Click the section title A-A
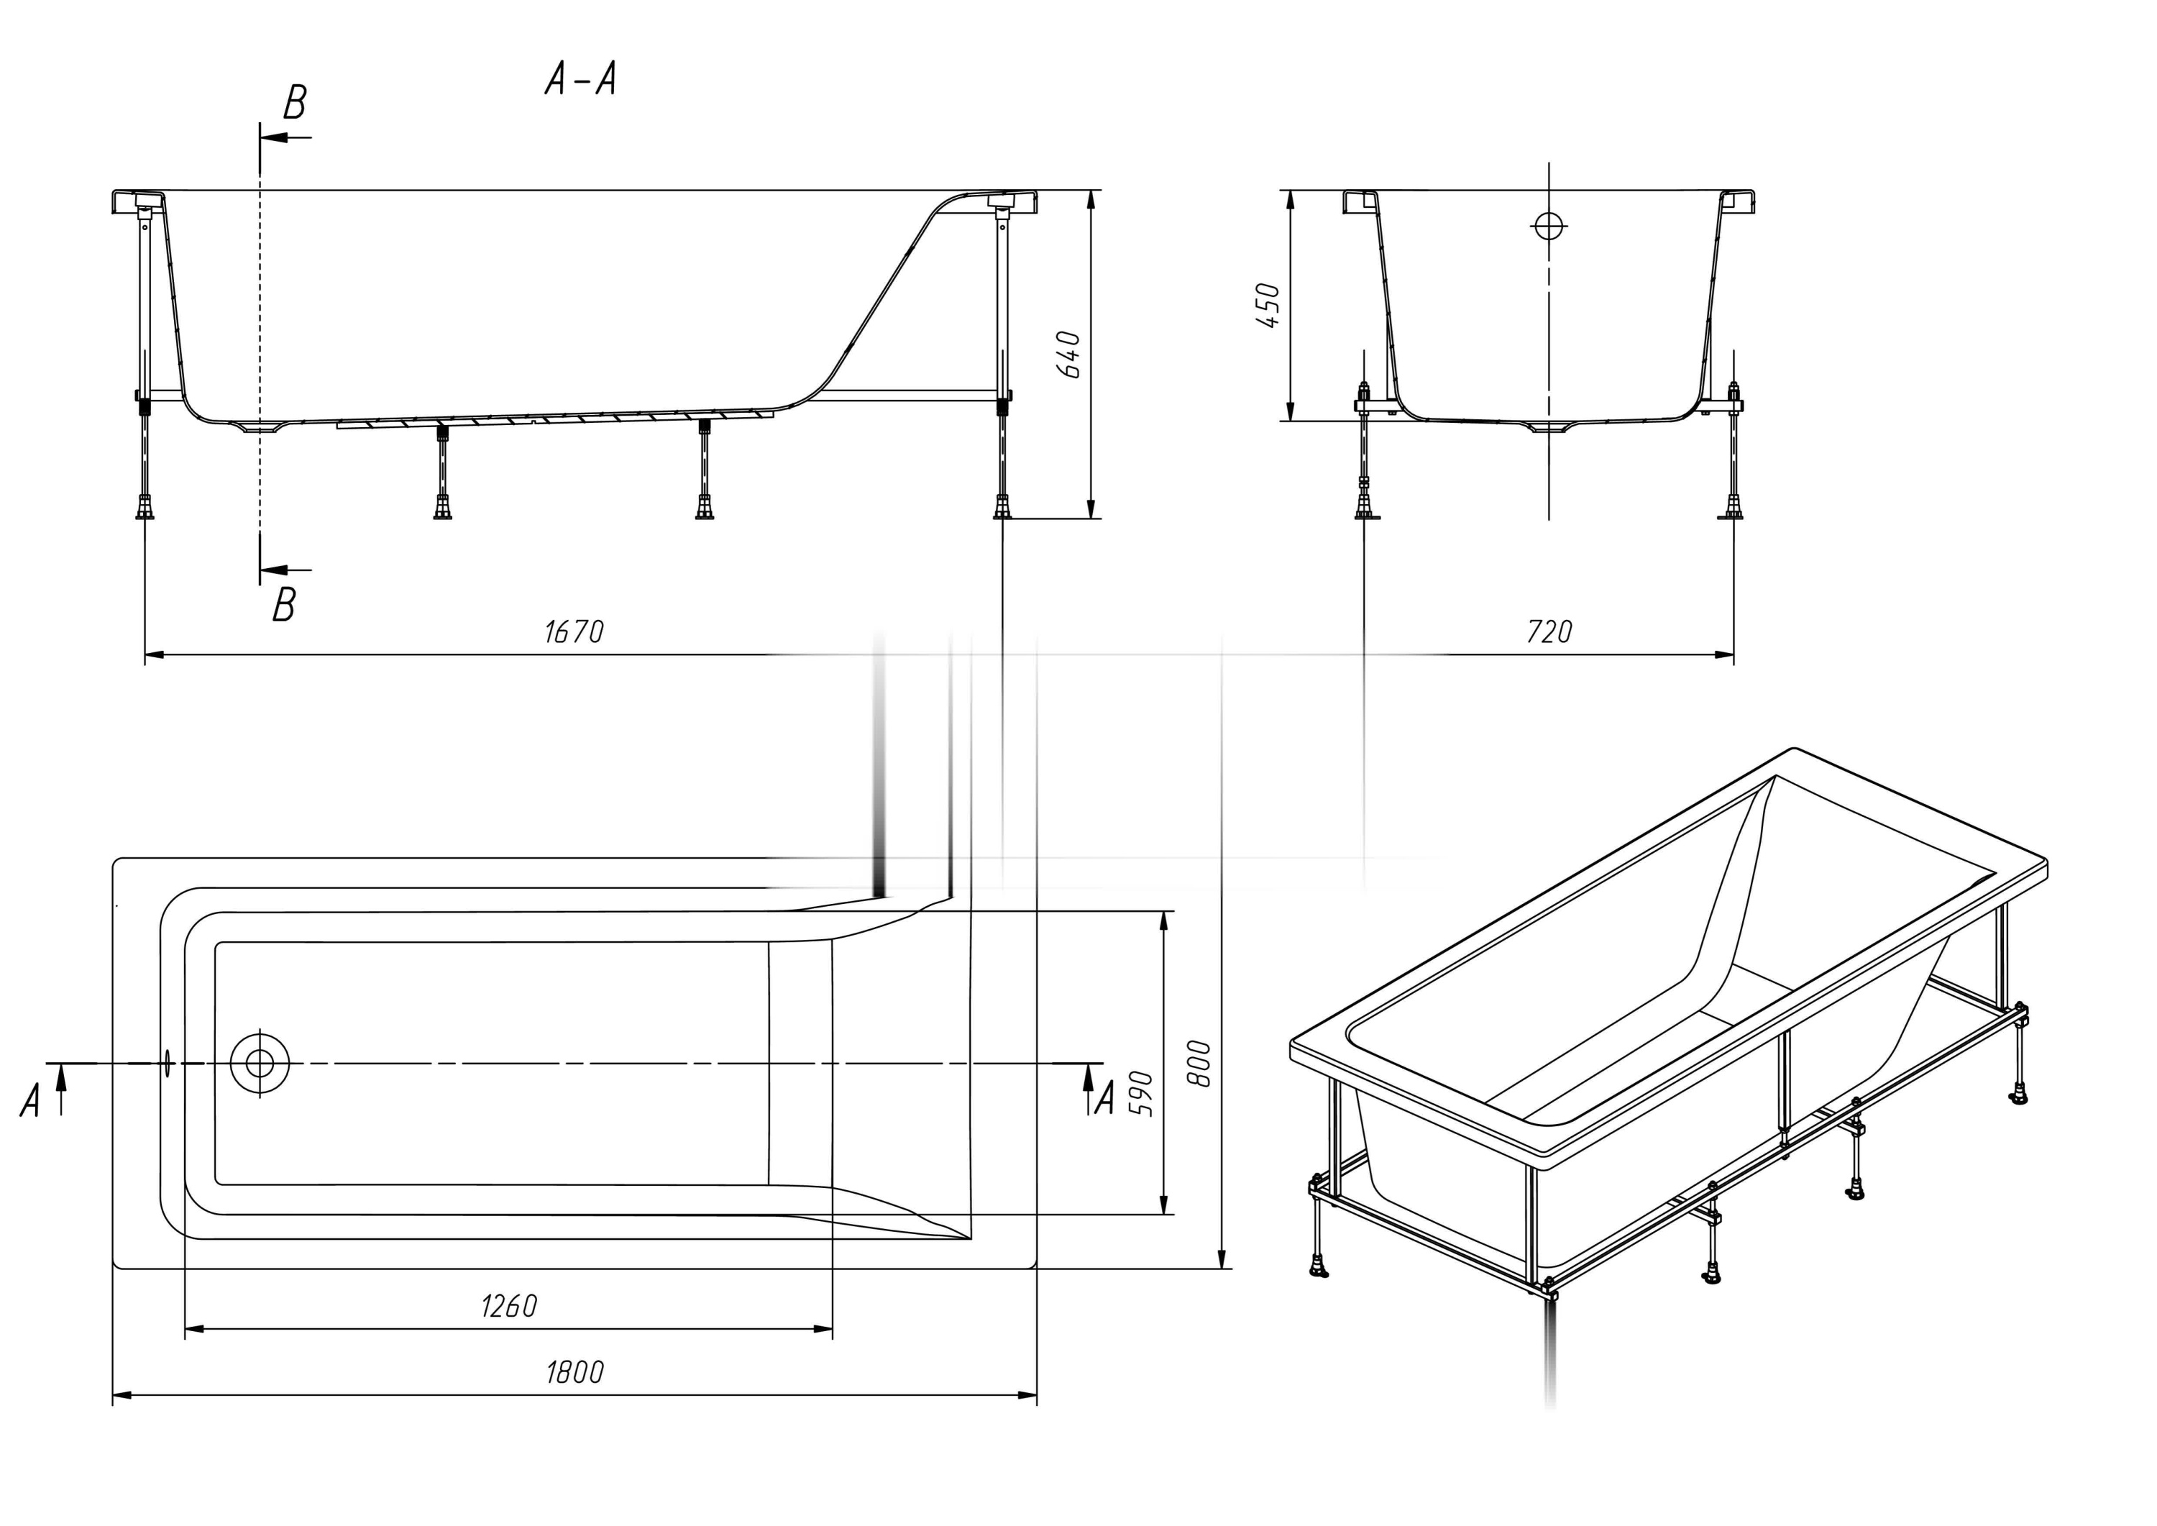pos(580,80)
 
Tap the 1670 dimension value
pos(574,631)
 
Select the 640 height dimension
pos(1069,355)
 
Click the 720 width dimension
pos(1549,631)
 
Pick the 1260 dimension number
pos(508,1306)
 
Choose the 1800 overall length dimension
pos(575,1373)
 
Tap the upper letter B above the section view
pos(295,102)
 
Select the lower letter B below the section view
pos(284,605)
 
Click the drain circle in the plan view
pos(260,1063)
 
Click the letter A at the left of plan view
pos(30,1100)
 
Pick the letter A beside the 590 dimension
pos(1105,1097)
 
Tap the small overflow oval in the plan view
pos(168,1063)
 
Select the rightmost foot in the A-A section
pos(1002,508)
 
